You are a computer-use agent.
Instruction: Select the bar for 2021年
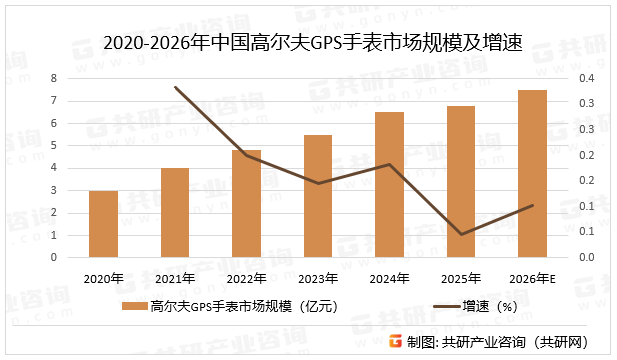pyautogui.click(x=175, y=212)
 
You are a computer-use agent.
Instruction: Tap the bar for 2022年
pyautogui.click(x=246, y=203)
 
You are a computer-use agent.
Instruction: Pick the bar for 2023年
pyautogui.click(x=318, y=196)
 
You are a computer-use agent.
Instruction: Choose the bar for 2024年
pyautogui.click(x=389, y=185)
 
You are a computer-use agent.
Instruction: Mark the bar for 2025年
pyautogui.click(x=461, y=182)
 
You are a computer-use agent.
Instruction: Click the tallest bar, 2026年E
pyautogui.click(x=532, y=174)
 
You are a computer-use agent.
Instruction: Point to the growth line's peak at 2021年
pyautogui.click(x=175, y=87)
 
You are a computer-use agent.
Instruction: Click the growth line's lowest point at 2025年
pyautogui.click(x=461, y=235)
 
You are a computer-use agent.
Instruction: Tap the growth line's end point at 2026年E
pyautogui.click(x=532, y=206)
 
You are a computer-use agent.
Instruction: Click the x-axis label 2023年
pyautogui.click(x=318, y=278)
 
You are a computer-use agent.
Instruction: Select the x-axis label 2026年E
pyautogui.click(x=532, y=278)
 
